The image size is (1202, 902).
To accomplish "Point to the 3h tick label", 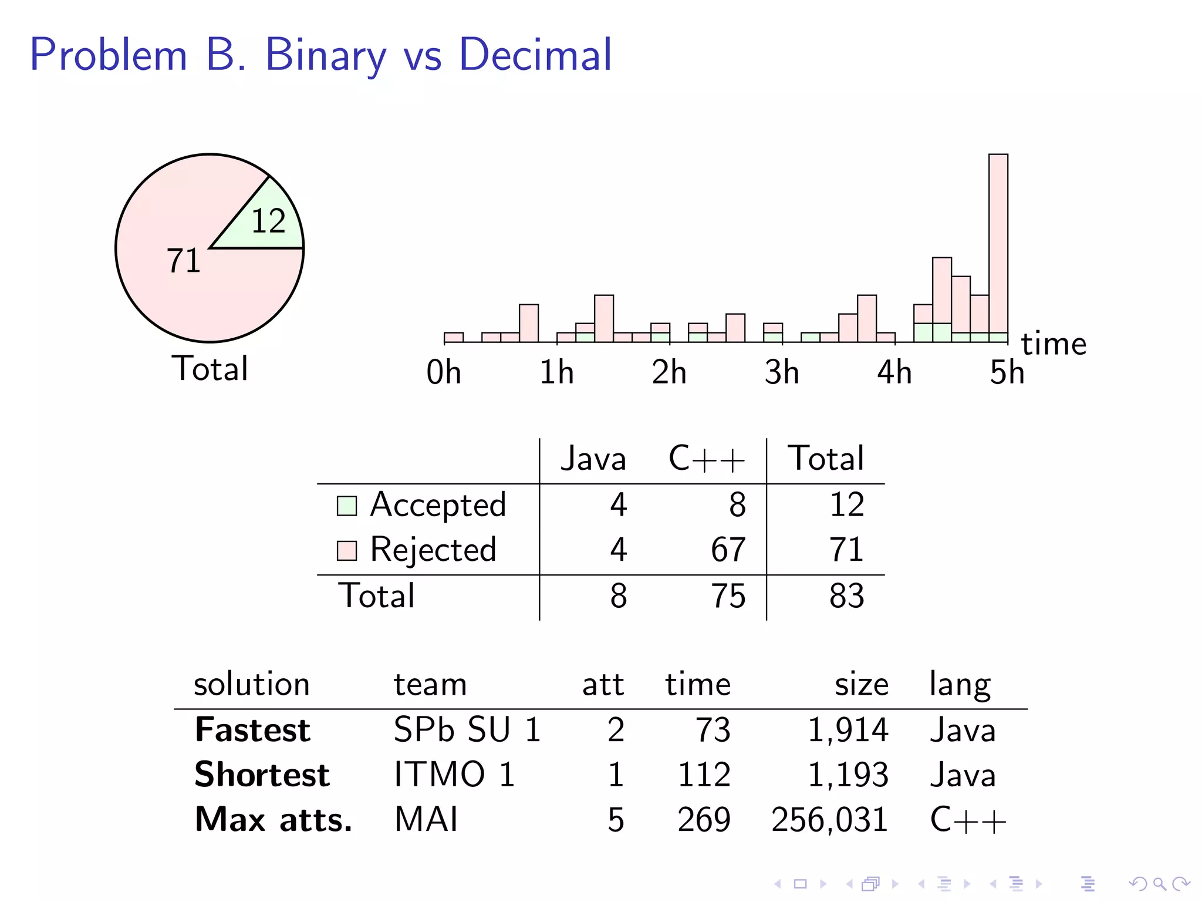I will [x=781, y=373].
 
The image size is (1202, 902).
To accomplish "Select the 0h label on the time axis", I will [x=444, y=373].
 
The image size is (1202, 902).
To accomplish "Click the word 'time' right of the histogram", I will [x=1054, y=344].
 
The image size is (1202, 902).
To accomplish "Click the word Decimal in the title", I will [x=535, y=55].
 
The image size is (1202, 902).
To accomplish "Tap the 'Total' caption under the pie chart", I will [x=210, y=369].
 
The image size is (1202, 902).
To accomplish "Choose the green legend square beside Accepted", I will [x=346, y=506].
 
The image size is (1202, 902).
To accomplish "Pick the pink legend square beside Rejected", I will [x=346, y=551].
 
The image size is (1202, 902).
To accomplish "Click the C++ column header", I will [x=706, y=459].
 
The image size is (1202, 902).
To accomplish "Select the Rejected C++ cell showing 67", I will [x=728, y=550].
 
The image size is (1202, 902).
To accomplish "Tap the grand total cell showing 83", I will [x=846, y=596].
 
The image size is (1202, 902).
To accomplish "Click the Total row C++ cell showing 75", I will [x=728, y=596].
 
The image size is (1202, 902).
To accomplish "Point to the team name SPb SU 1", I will [x=467, y=730].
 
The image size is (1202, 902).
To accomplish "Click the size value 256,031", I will [x=829, y=820].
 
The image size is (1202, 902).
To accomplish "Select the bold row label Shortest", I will [x=262, y=775].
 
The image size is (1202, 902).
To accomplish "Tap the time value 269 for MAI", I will [x=704, y=820].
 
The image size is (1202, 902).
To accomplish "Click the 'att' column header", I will [x=603, y=685].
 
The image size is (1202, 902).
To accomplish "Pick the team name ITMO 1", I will [x=454, y=775].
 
